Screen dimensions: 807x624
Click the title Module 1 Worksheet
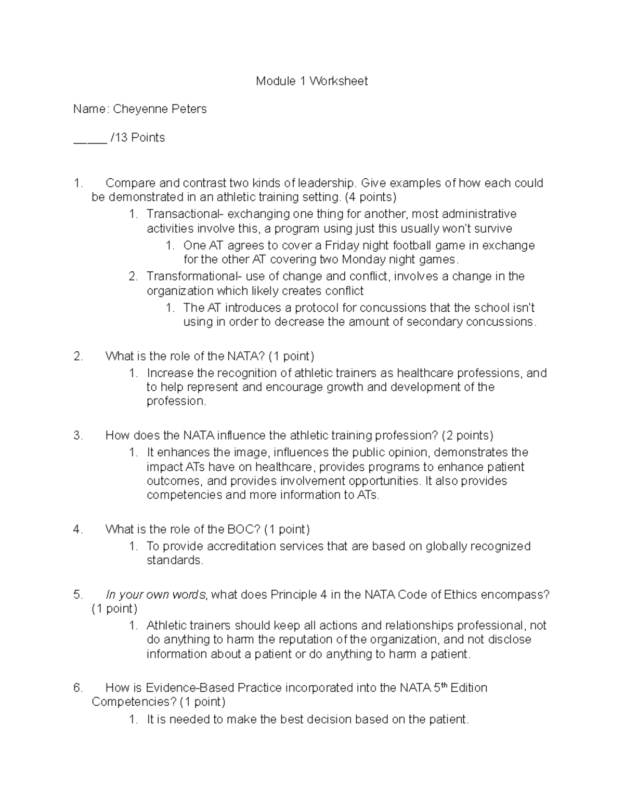[311, 81]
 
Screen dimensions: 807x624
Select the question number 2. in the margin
[78, 356]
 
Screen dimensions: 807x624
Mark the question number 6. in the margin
[78, 688]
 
